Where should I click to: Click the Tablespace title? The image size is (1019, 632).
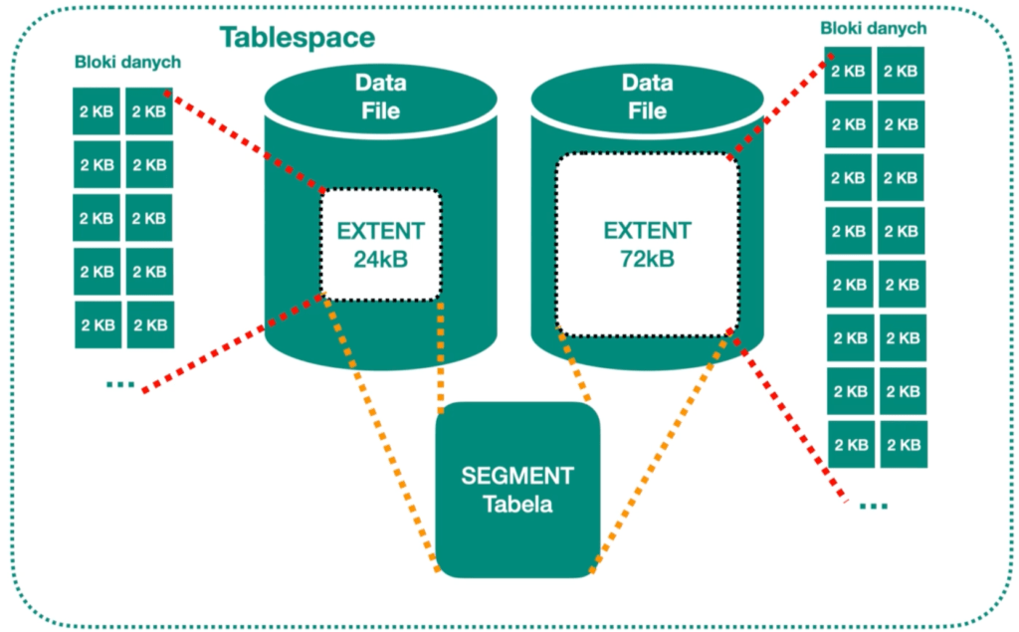coord(297,38)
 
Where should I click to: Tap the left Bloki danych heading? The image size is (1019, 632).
coord(127,63)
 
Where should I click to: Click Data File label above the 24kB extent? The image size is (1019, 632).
coord(380,96)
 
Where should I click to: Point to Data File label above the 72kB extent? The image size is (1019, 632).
coord(647,96)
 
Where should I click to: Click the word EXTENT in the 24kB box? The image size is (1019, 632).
coord(380,231)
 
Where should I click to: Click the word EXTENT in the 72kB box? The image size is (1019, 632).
coord(647,231)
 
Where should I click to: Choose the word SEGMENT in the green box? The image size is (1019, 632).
coord(517,475)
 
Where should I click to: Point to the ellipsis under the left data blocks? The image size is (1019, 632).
coord(119,384)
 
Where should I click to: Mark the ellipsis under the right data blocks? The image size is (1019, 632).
coord(873,506)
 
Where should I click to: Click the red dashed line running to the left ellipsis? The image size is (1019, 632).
coord(234,343)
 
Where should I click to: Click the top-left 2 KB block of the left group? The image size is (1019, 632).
coord(98,110)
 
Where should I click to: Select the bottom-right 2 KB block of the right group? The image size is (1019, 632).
coord(903,444)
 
